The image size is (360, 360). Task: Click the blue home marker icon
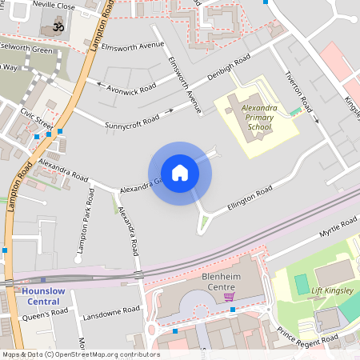tap(180, 173)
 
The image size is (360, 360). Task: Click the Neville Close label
tap(55, 5)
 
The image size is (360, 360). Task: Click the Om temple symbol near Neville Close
tap(57, 26)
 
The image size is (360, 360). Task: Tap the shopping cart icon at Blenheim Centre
tap(230, 297)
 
